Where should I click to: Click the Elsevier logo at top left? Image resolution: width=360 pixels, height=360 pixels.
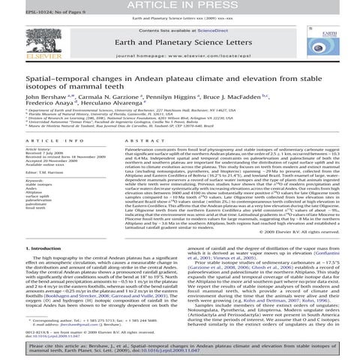[x=22, y=43]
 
